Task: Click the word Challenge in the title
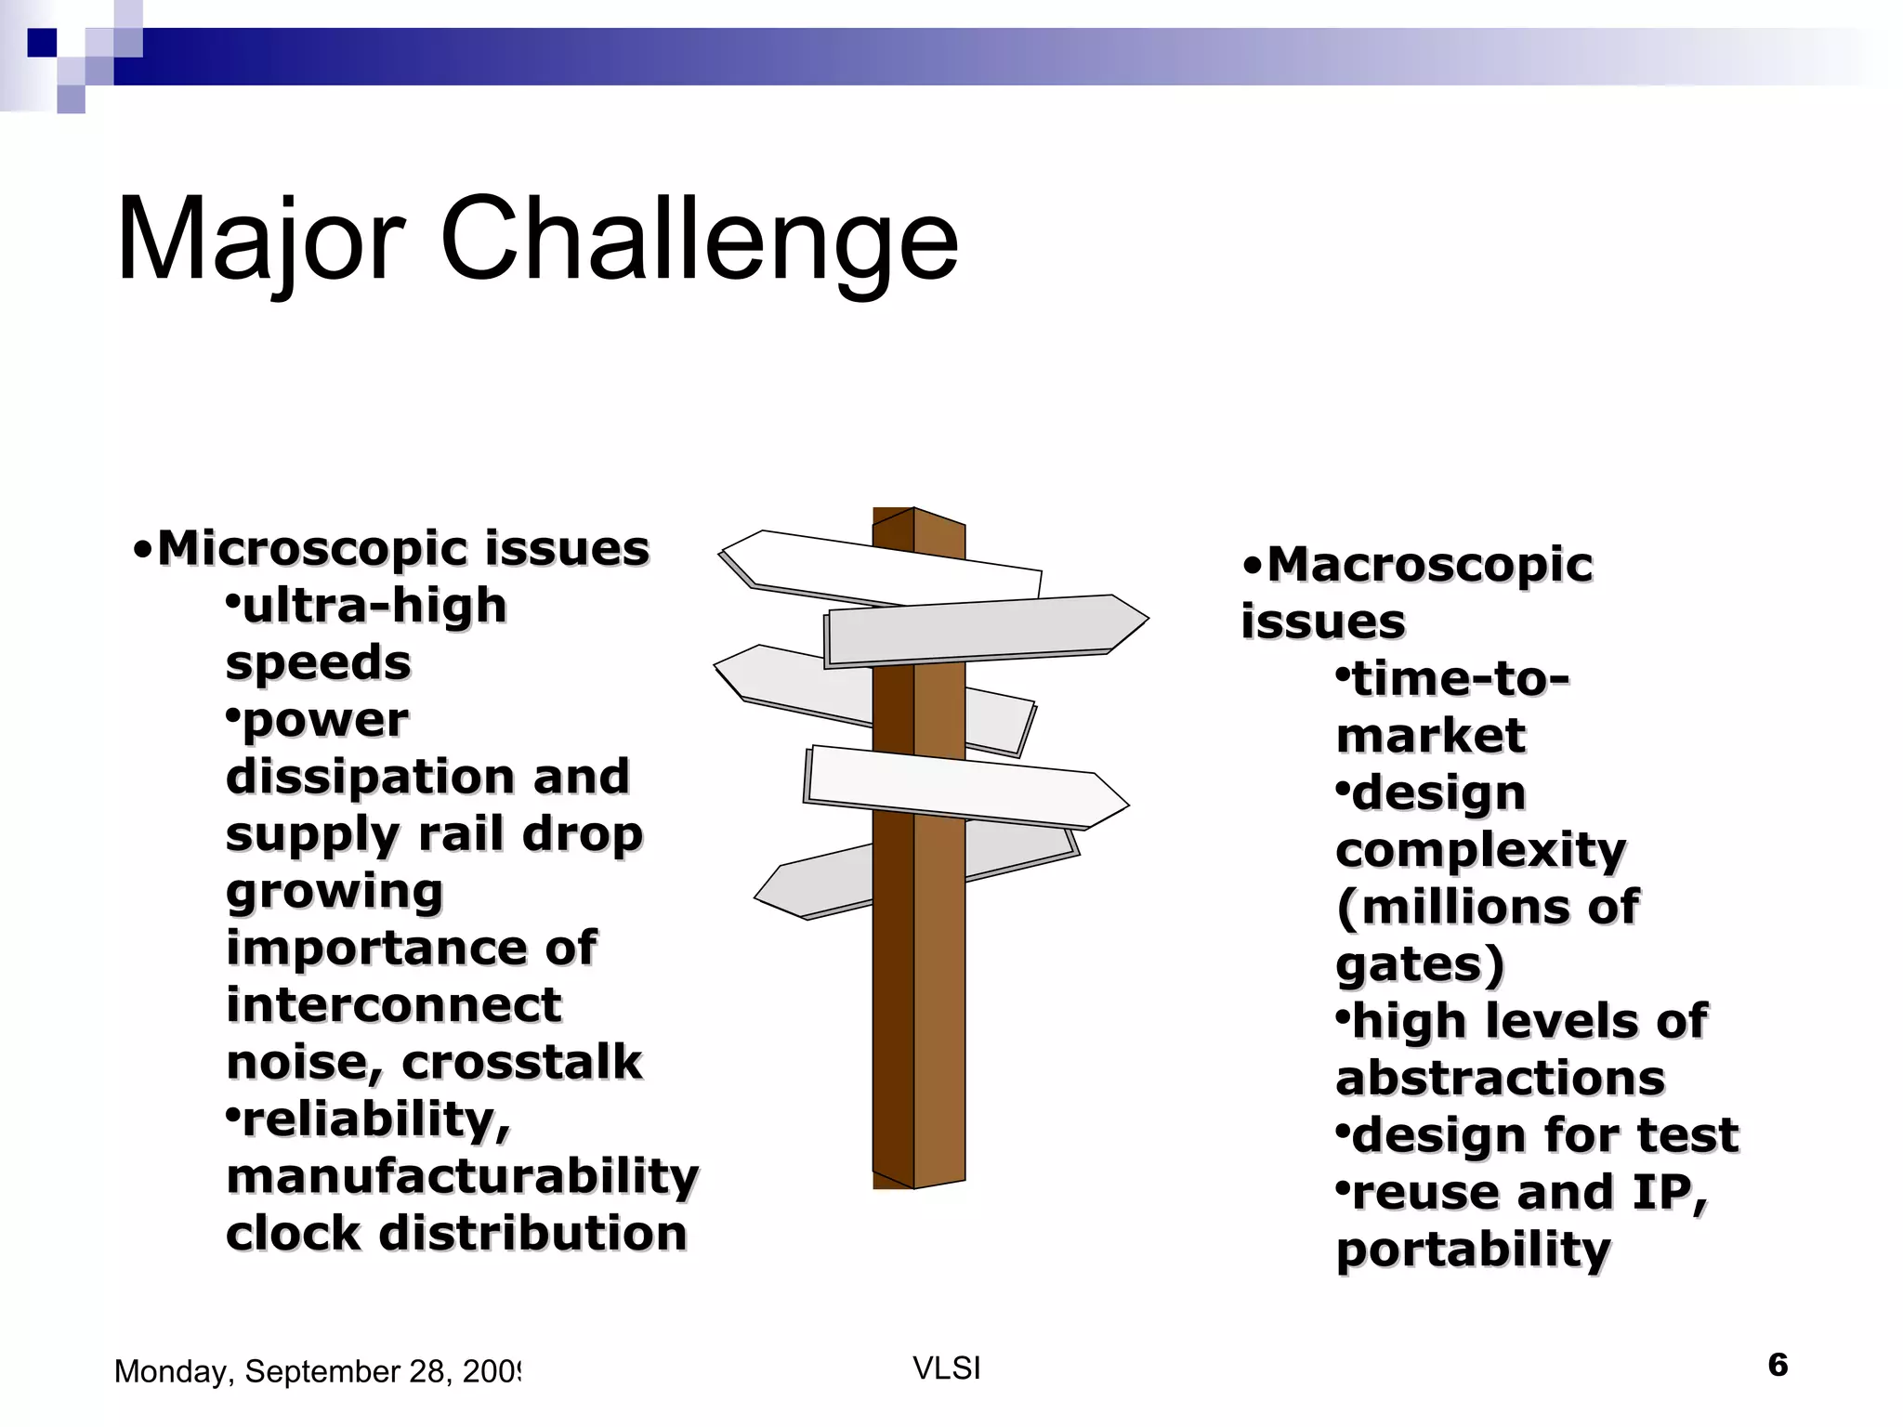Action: click(699, 240)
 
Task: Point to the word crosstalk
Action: click(521, 1063)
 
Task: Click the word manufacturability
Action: click(462, 1177)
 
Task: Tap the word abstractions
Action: click(1500, 1079)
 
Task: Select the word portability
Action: click(1473, 1250)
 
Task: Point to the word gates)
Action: click(1419, 965)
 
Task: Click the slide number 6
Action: click(1777, 1365)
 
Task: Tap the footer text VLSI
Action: click(946, 1368)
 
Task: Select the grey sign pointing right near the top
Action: click(985, 629)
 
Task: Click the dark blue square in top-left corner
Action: click(42, 43)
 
